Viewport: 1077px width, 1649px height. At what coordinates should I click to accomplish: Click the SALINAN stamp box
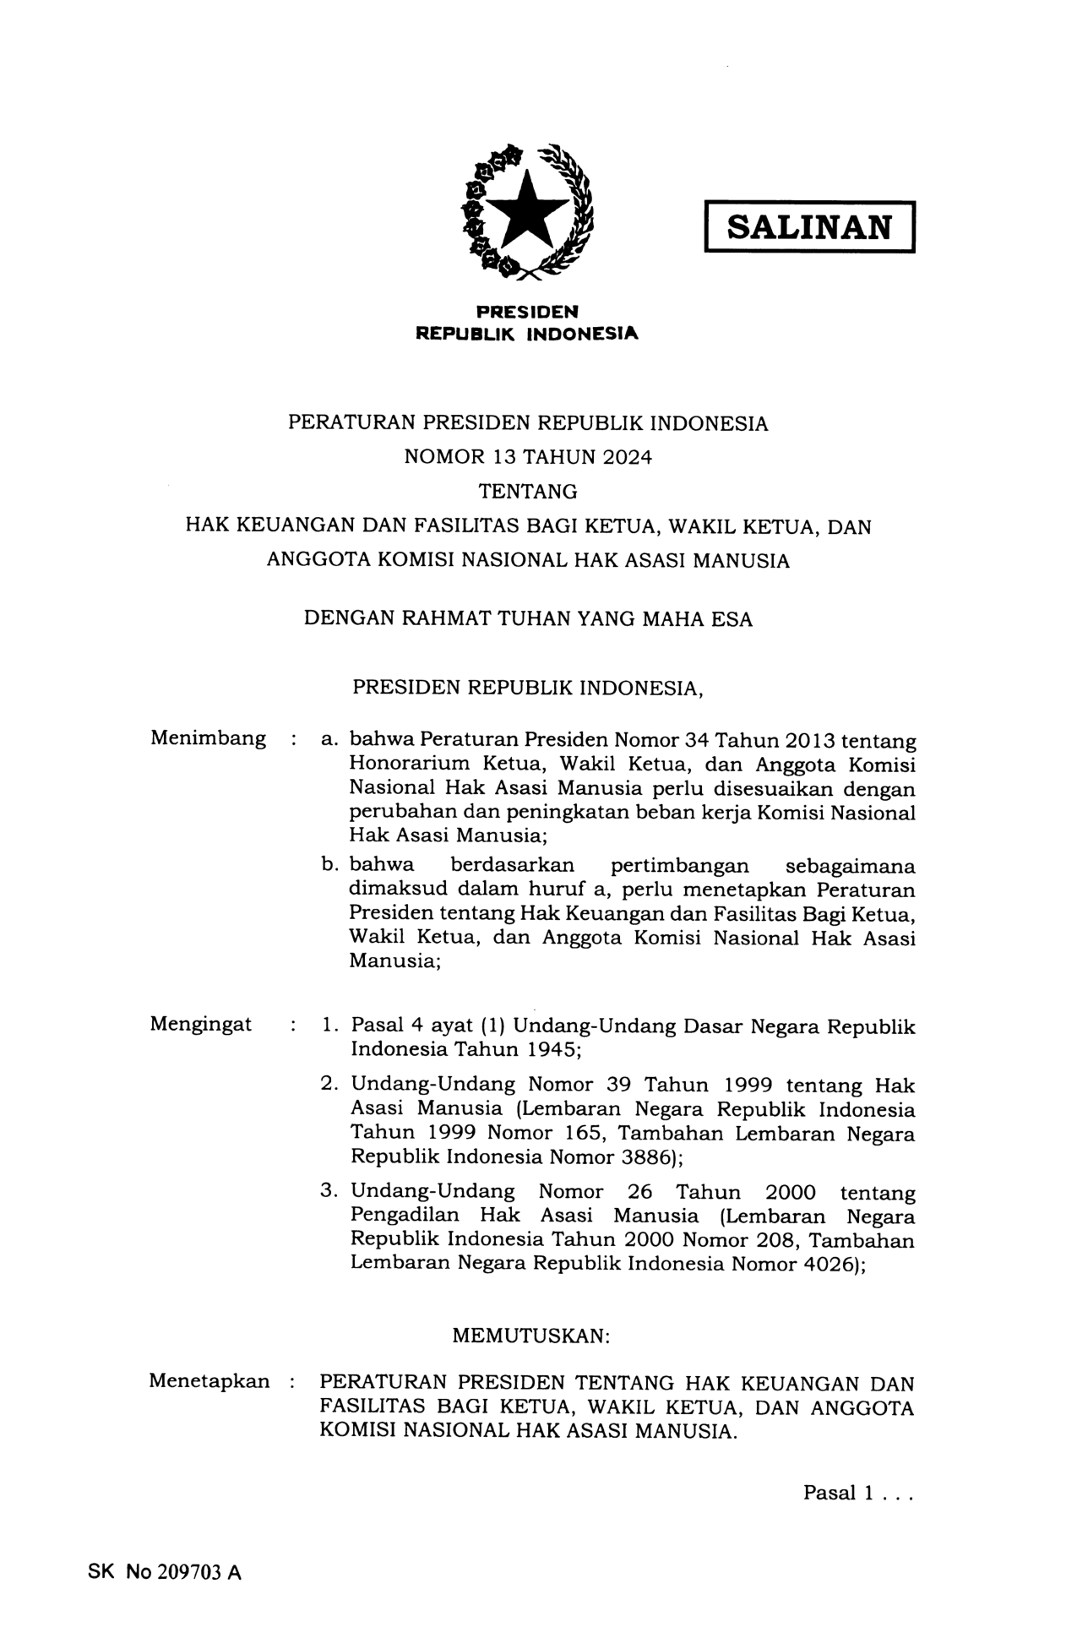pyautogui.click(x=809, y=226)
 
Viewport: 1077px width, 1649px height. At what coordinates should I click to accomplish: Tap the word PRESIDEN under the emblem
pyautogui.click(x=527, y=312)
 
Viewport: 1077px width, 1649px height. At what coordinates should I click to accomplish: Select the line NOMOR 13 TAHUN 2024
pyautogui.click(x=528, y=457)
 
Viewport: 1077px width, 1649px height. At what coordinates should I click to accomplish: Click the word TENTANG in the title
pyautogui.click(x=528, y=491)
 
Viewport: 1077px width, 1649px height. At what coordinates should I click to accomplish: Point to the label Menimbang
pyautogui.click(x=208, y=738)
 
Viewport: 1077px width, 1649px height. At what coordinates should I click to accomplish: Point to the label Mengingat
pyautogui.click(x=201, y=1024)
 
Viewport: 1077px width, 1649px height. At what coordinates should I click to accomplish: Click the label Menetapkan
pyautogui.click(x=209, y=1381)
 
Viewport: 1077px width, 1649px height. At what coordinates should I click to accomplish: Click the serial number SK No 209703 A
pyautogui.click(x=165, y=1572)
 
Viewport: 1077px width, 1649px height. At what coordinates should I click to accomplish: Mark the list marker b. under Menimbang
pyautogui.click(x=330, y=866)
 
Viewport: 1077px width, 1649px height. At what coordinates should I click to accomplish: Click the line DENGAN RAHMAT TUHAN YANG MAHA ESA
pyautogui.click(x=528, y=618)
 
